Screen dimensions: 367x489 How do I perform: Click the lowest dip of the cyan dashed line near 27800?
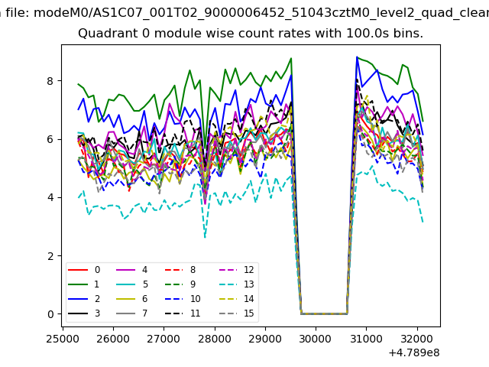[x=205, y=237]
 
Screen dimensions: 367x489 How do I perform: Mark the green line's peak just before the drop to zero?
[x=291, y=58]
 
